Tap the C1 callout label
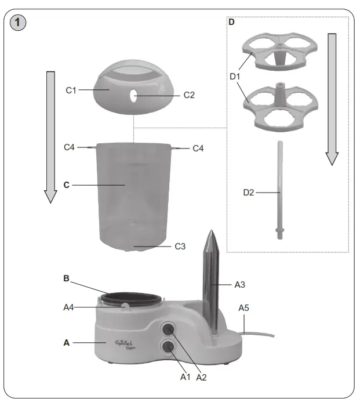[x=71, y=90]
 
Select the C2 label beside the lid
[x=190, y=95]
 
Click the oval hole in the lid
[x=134, y=95]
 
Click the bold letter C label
[x=67, y=185]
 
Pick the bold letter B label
[x=67, y=278]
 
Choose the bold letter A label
[x=67, y=343]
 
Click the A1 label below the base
[x=186, y=377]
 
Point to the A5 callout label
[x=244, y=309]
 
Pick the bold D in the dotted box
[x=232, y=23]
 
